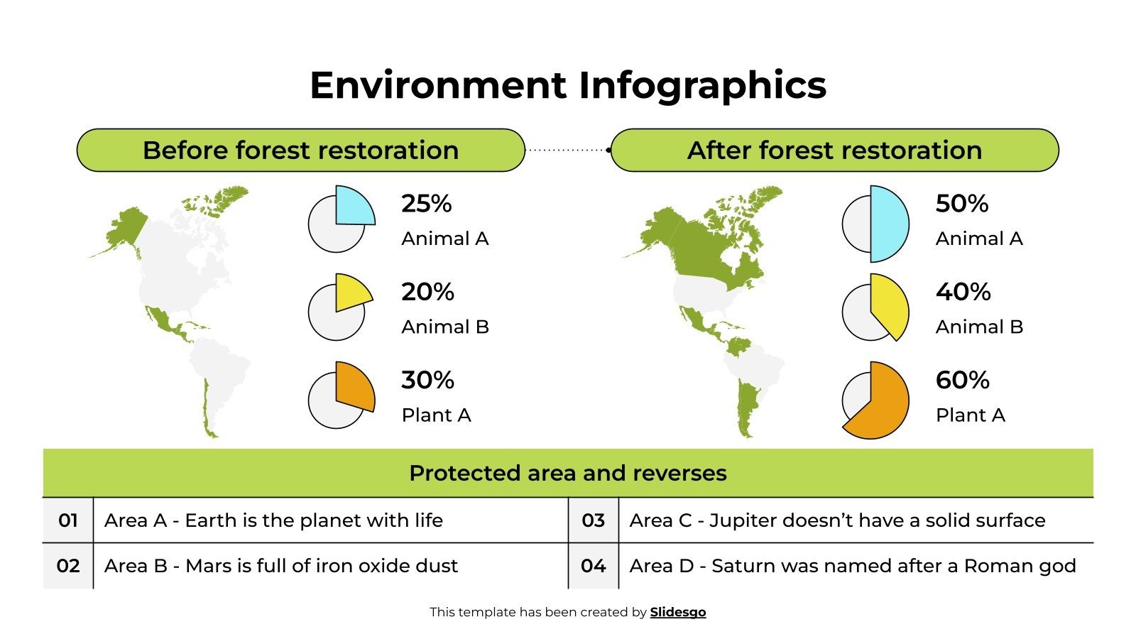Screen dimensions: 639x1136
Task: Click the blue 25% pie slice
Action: click(x=353, y=206)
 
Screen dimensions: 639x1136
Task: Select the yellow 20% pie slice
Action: click(x=351, y=292)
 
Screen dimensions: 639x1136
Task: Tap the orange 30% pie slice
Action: click(x=354, y=386)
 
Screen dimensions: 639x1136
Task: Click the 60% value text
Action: click(x=962, y=380)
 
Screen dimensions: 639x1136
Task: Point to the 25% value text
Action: click(x=426, y=204)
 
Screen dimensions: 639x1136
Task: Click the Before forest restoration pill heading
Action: click(x=300, y=151)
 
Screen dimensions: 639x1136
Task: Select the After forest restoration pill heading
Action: click(x=834, y=151)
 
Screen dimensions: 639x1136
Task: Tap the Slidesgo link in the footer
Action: click(x=677, y=612)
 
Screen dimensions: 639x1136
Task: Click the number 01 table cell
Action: click(x=68, y=520)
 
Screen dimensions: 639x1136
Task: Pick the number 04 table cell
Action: click(x=593, y=566)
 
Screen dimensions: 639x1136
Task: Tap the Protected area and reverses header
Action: click(x=568, y=473)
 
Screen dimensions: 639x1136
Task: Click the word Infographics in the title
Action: click(x=702, y=85)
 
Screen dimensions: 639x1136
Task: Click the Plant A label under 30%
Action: click(x=436, y=415)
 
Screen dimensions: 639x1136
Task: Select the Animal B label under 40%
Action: click(x=979, y=327)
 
